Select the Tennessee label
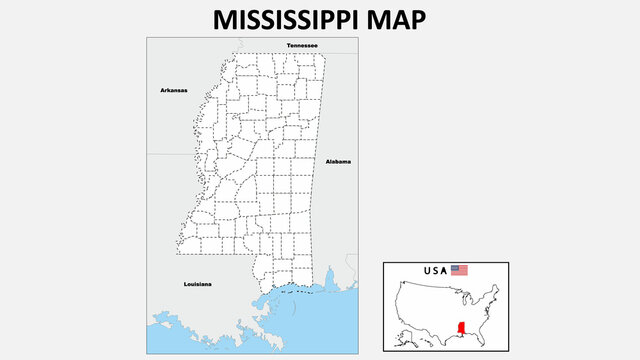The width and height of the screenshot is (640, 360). tap(302, 46)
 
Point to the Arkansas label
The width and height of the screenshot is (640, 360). tap(174, 90)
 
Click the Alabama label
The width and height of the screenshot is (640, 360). tap(338, 161)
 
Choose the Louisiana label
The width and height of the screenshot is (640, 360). tap(198, 284)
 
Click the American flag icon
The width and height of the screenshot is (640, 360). tap(459, 270)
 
